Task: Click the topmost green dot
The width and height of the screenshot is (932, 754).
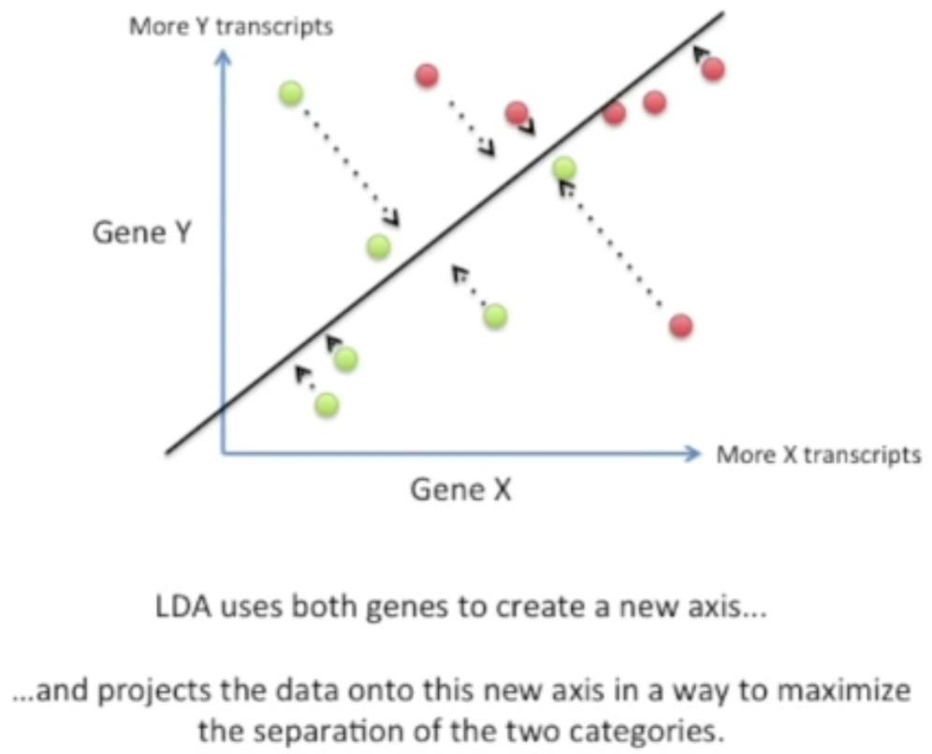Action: (x=291, y=93)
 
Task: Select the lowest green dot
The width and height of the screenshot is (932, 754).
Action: (x=327, y=405)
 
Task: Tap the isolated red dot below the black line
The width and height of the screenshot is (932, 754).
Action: (x=681, y=326)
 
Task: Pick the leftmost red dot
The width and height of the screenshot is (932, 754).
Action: (x=427, y=75)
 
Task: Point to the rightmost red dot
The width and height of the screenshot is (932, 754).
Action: (x=714, y=68)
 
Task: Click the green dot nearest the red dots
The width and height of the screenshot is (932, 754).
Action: (x=563, y=168)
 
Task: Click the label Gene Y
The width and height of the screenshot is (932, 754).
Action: (x=141, y=232)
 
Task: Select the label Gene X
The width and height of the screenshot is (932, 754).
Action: (x=461, y=489)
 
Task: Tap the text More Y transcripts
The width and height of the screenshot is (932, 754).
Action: (x=230, y=26)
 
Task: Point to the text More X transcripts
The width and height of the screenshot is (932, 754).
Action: (x=818, y=456)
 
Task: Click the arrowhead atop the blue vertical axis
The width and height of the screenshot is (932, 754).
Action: (x=223, y=57)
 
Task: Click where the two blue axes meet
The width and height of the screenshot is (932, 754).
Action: (x=223, y=454)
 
